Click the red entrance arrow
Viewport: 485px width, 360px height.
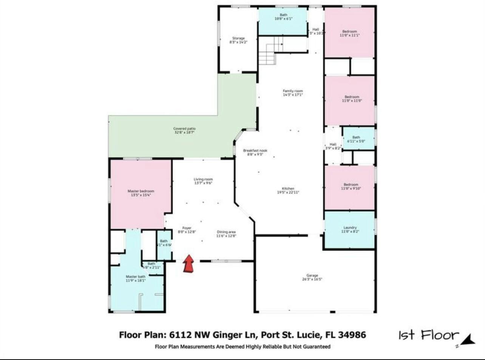click(188, 264)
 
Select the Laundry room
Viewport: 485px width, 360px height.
click(350, 229)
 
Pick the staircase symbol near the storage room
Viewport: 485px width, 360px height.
click(270, 51)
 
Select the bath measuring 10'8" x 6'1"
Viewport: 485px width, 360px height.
click(283, 17)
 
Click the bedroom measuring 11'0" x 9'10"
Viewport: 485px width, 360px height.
click(351, 186)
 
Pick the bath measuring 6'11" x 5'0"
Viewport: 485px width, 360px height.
click(356, 139)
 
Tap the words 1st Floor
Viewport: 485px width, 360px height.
click(428, 335)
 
